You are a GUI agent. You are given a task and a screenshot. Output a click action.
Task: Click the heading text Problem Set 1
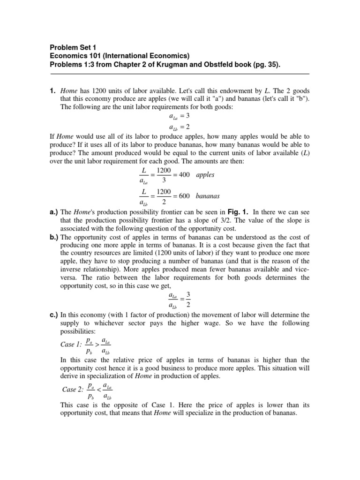[x=72, y=47]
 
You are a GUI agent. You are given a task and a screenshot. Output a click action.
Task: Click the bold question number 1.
[x=53, y=90]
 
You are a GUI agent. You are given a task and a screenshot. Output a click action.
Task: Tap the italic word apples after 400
[x=205, y=175]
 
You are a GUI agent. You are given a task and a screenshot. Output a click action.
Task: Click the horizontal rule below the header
[x=180, y=74]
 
